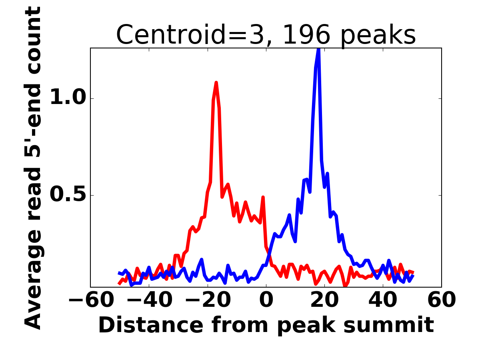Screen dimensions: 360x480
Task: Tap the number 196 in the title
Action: click(306, 35)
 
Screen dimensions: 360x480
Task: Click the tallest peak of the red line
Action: click(216, 83)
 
